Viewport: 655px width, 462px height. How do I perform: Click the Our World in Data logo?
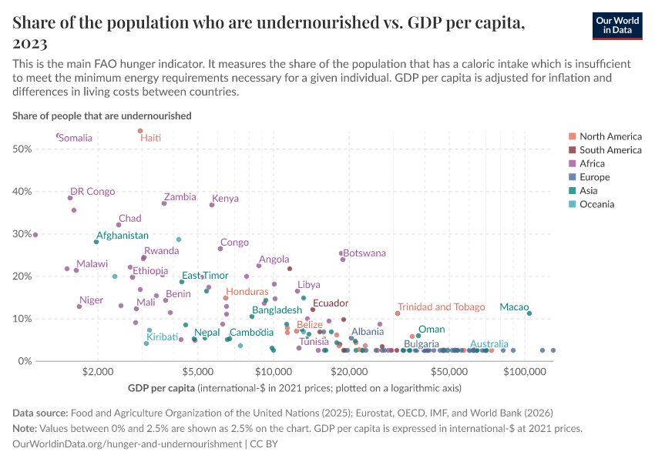pyautogui.click(x=618, y=25)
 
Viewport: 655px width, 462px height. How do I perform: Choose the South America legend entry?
pyautogui.click(x=610, y=149)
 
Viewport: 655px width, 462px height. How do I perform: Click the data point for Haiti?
pyautogui.click(x=140, y=131)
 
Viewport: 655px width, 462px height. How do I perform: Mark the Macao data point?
pyautogui.click(x=529, y=313)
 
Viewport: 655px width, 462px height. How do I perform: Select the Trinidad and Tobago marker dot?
pyautogui.click(x=398, y=313)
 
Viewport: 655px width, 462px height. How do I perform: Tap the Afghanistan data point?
pyautogui.click(x=96, y=242)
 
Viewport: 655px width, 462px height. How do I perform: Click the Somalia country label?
pyautogui.click(x=76, y=139)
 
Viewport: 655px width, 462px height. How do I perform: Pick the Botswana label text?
pyautogui.click(x=364, y=253)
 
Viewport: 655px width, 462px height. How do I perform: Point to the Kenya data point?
pyautogui.click(x=212, y=205)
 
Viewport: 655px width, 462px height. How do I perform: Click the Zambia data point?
pyautogui.click(x=164, y=203)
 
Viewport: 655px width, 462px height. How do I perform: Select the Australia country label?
pyautogui.click(x=489, y=344)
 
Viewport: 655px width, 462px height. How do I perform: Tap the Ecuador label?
pyautogui.click(x=331, y=303)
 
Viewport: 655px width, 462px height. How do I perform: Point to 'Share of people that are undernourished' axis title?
pyautogui.click(x=102, y=115)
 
